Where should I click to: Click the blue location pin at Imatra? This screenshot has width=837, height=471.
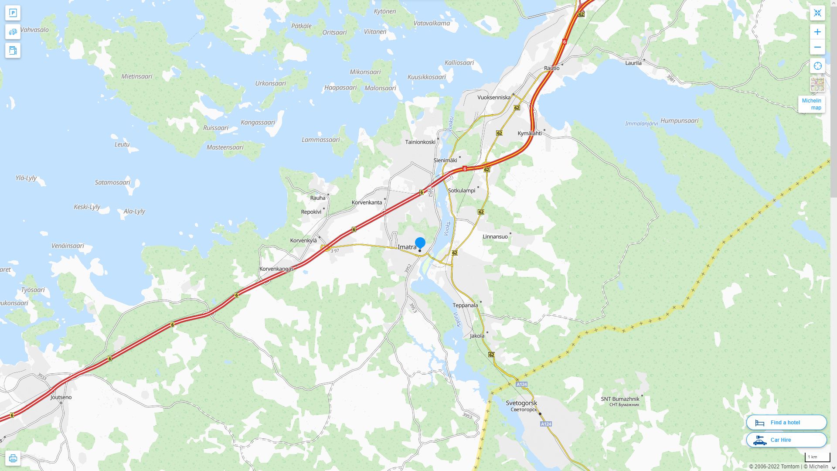point(420,243)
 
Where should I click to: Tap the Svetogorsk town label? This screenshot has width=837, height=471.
point(521,403)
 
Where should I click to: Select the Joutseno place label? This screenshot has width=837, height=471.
point(61,397)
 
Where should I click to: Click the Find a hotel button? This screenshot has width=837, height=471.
point(786,422)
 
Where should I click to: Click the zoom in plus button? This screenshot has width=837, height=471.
point(817,32)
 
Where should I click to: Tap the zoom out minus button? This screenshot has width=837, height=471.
point(817,47)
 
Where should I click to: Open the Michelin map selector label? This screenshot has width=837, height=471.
point(811,104)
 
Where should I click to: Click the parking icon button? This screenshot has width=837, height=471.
point(13,13)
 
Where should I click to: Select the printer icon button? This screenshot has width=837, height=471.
point(13,458)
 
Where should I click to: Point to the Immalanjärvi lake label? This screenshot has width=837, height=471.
point(641,123)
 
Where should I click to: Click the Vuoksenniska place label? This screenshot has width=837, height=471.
point(493,97)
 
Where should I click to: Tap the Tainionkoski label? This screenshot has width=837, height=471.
point(420,142)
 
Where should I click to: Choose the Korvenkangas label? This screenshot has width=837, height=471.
point(276,269)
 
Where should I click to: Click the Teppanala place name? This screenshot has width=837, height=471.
point(465,305)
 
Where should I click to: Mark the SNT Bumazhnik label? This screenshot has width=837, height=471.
point(620,399)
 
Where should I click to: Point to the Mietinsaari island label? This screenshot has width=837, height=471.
point(136,76)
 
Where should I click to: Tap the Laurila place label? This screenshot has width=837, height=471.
point(633,63)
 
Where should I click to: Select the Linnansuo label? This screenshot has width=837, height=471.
point(495,237)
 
